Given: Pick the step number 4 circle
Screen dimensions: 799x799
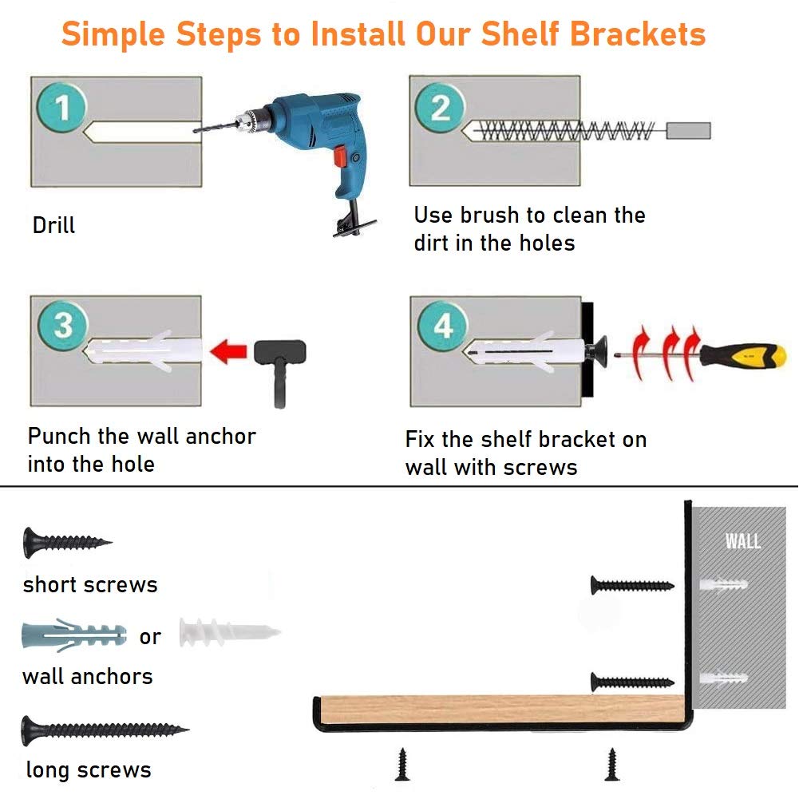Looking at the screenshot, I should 442,326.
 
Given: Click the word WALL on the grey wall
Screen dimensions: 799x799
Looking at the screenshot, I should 742,541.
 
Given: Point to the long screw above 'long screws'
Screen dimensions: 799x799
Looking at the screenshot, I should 104,729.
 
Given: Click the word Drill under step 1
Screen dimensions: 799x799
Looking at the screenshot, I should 53,225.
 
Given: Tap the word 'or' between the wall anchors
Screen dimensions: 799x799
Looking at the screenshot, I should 150,637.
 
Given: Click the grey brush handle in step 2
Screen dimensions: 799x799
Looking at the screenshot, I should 688,130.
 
